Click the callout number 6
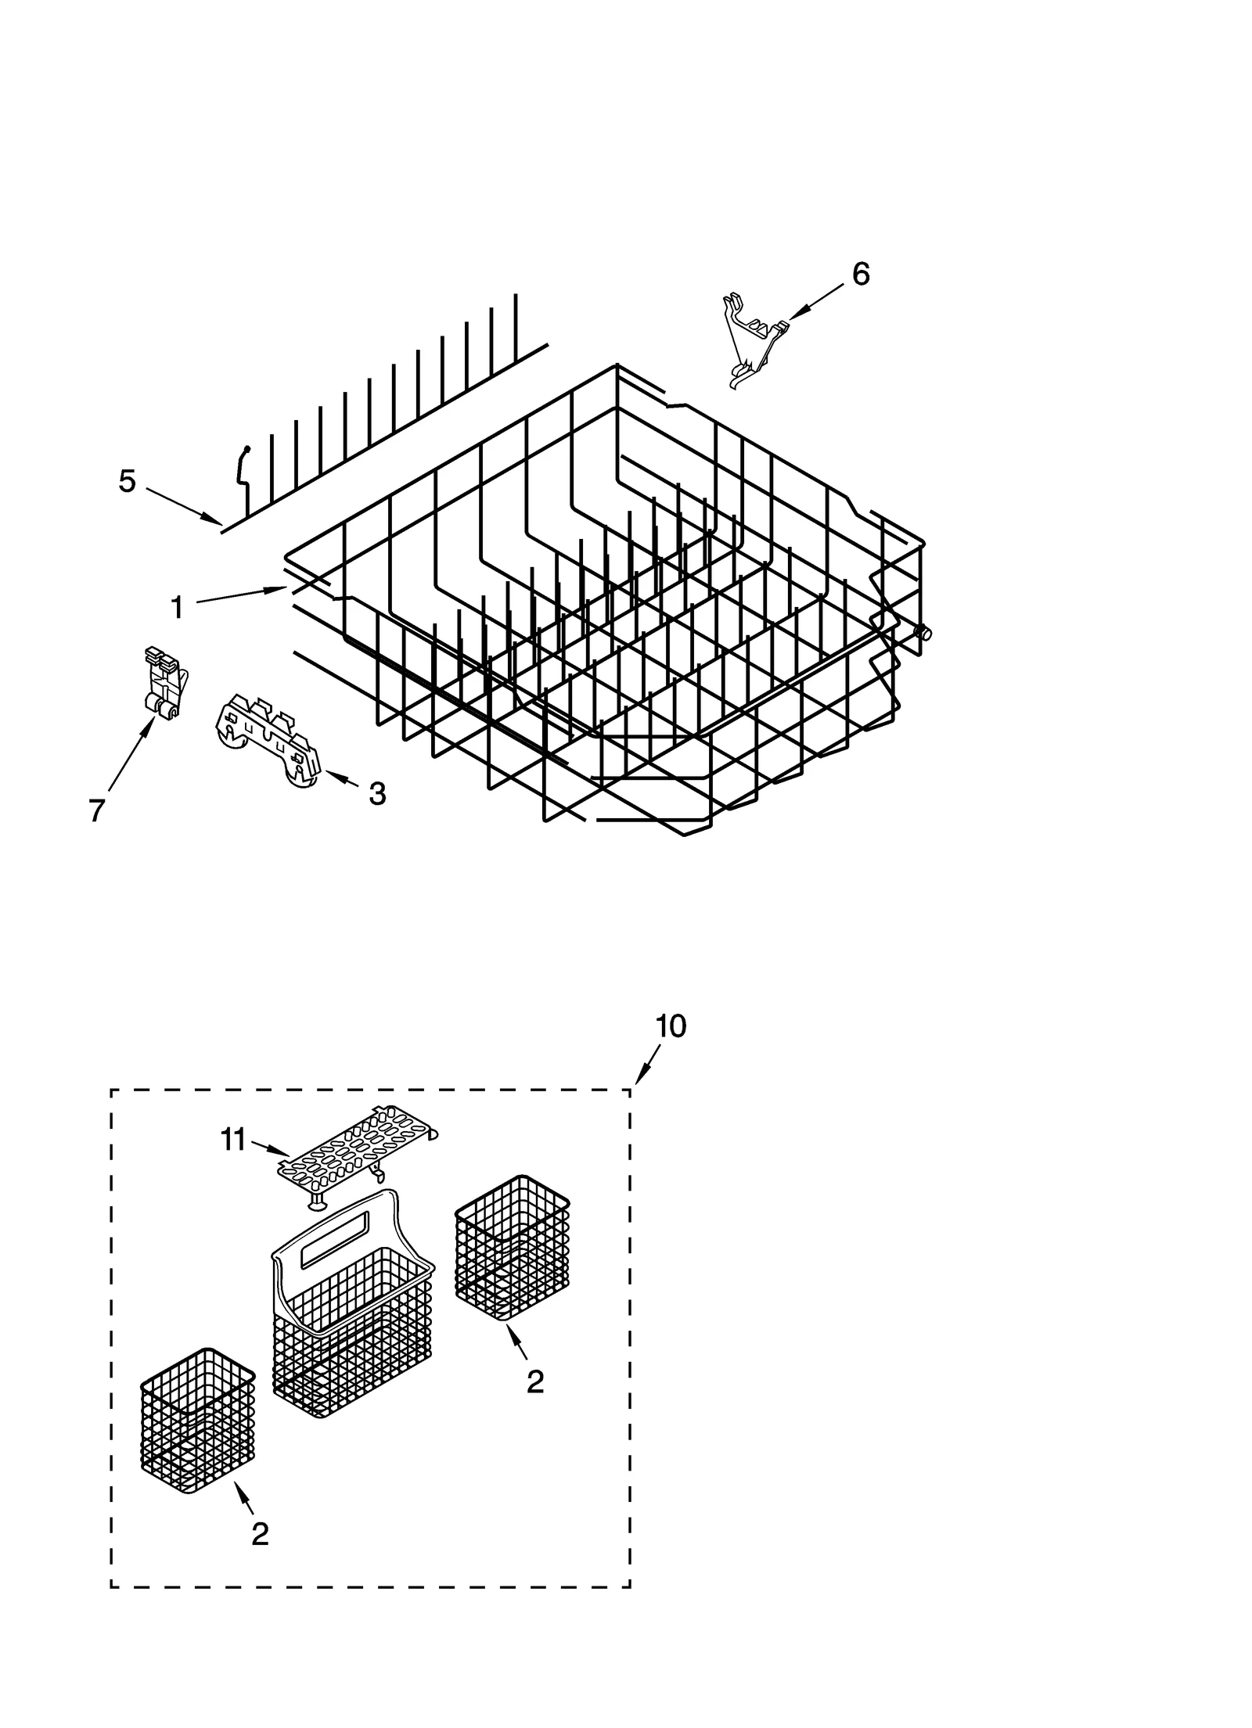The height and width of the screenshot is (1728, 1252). click(860, 275)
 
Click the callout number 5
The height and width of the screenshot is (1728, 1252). click(127, 481)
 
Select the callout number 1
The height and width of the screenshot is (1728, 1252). click(178, 607)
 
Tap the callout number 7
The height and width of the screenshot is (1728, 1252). click(96, 811)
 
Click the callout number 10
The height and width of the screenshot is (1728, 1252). click(671, 1026)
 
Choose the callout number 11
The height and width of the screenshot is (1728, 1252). click(233, 1141)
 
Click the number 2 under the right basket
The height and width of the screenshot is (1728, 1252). click(534, 1382)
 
